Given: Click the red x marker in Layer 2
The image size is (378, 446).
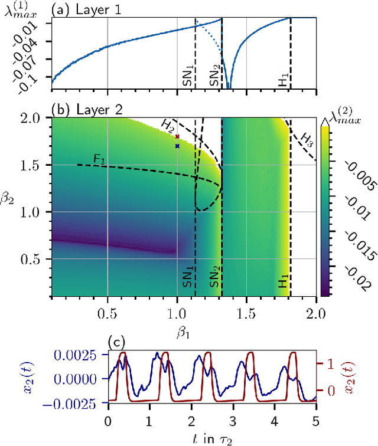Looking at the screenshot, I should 177,137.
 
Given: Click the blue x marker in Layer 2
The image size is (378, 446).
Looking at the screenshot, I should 177,146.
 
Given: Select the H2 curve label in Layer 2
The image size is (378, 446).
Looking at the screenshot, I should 170,124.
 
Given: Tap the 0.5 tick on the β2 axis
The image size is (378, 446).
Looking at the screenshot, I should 37,259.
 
